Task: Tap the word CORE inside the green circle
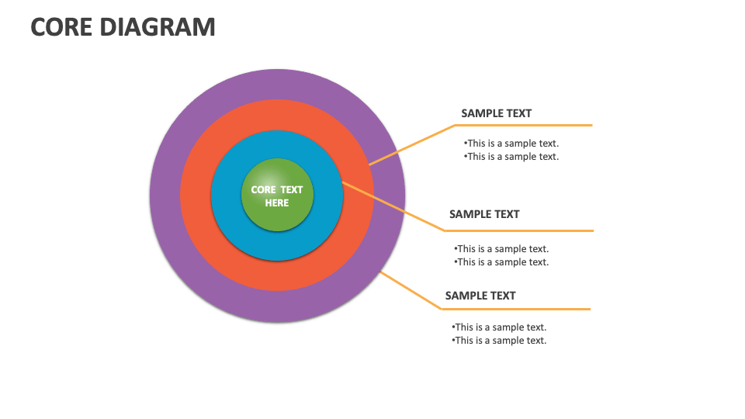click(x=263, y=189)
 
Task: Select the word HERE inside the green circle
click(x=276, y=203)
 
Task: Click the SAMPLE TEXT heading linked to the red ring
click(x=496, y=113)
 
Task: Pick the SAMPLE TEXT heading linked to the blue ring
click(x=484, y=214)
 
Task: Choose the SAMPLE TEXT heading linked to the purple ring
click(x=480, y=296)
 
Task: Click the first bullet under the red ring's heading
click(x=511, y=143)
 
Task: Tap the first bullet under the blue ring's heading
click(x=501, y=249)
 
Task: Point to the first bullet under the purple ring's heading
click(x=498, y=327)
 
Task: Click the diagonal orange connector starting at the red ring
click(x=411, y=144)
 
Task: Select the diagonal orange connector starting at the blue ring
click(x=393, y=206)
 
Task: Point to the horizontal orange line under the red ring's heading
click(x=524, y=125)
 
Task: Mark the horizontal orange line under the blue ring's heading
click(x=520, y=230)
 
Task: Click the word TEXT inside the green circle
click(x=292, y=189)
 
